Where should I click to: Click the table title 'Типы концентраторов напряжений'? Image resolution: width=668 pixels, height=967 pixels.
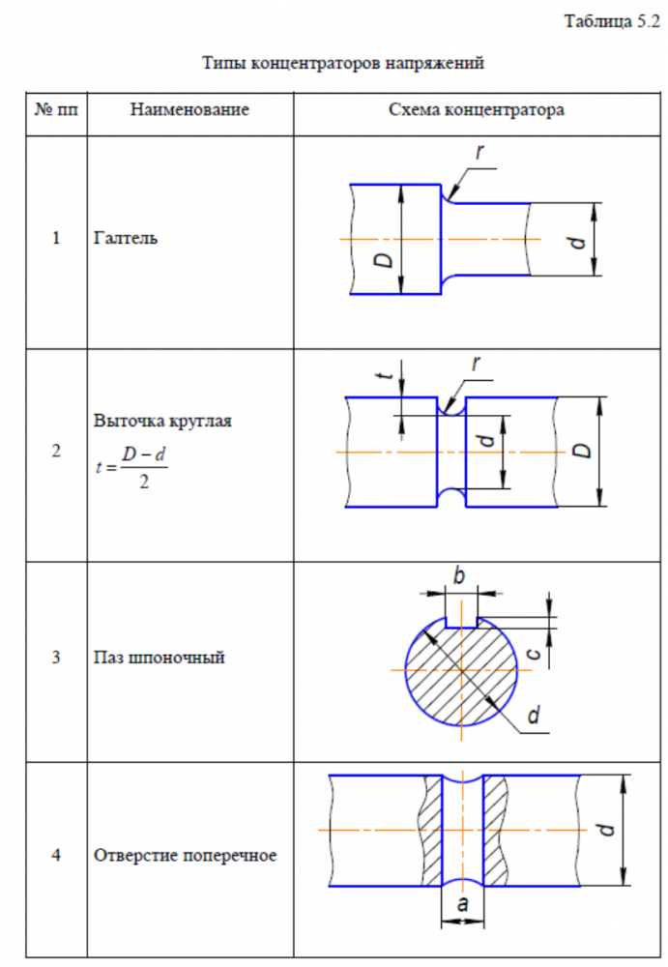tap(342, 64)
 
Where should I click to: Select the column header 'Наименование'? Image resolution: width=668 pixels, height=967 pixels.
tap(189, 109)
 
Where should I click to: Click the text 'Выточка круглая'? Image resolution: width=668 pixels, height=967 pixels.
tap(162, 421)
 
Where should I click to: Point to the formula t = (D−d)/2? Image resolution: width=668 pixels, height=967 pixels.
tap(131, 467)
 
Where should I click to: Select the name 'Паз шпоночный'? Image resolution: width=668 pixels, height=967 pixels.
tap(160, 658)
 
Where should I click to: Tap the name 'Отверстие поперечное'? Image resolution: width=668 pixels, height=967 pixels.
tap(186, 855)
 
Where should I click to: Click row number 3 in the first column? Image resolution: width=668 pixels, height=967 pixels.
tap(57, 658)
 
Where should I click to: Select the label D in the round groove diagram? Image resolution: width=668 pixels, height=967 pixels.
tap(583, 451)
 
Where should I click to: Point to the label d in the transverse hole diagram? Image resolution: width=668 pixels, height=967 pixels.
tap(606, 829)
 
